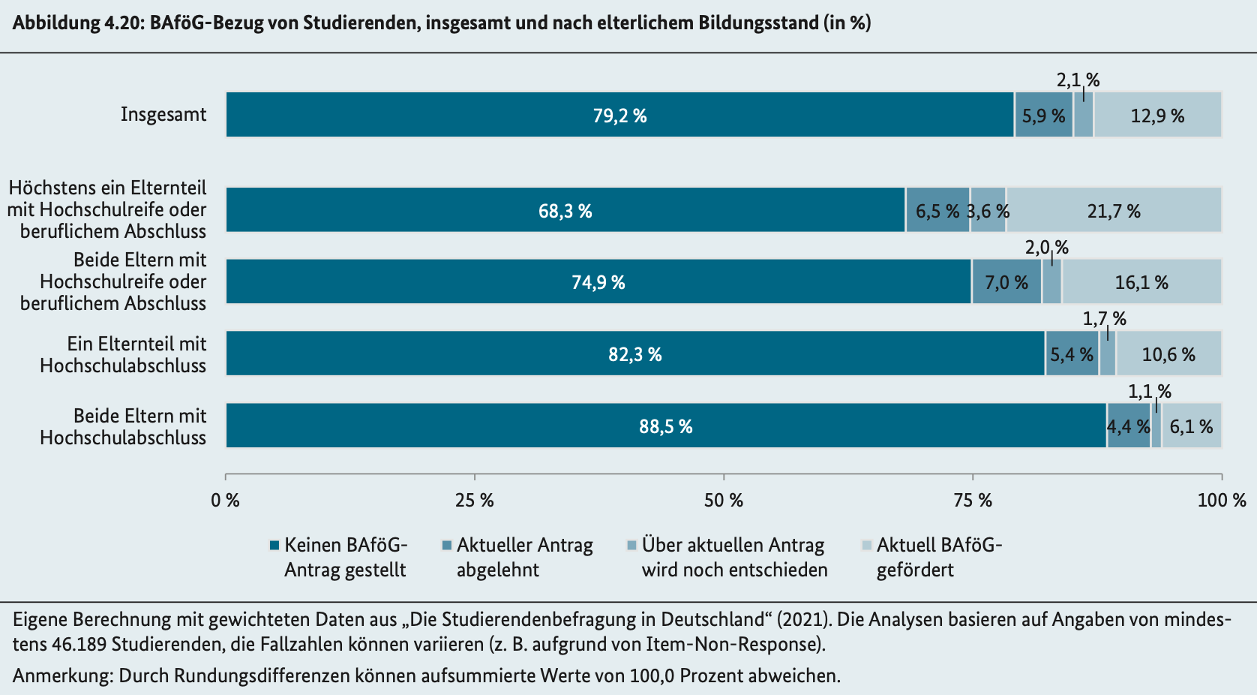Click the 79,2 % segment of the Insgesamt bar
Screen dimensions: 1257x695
click(x=620, y=115)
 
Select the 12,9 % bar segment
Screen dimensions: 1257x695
click(x=1158, y=115)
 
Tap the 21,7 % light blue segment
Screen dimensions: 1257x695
click(x=1114, y=209)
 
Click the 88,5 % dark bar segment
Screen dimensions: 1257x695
click(x=666, y=426)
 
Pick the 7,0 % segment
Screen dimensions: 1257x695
click(x=1006, y=281)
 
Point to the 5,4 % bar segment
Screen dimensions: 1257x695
click(x=1072, y=353)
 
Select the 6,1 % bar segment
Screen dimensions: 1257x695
click(x=1192, y=426)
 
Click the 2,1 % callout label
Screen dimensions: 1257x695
click(x=1078, y=80)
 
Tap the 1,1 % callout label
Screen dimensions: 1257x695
click(x=1150, y=391)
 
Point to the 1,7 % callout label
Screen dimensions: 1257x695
click(x=1104, y=319)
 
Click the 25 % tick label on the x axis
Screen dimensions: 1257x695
click(x=475, y=500)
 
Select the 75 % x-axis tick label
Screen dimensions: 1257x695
click(x=973, y=500)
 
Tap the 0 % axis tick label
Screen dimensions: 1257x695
click(x=226, y=500)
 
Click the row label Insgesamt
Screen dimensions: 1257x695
click(x=163, y=115)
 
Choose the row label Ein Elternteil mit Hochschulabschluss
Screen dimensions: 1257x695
click(x=124, y=354)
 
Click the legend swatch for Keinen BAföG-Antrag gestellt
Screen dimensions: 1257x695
click(x=274, y=545)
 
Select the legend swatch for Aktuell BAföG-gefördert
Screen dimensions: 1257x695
click(x=867, y=545)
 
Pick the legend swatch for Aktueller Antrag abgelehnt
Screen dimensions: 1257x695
click(x=447, y=545)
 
